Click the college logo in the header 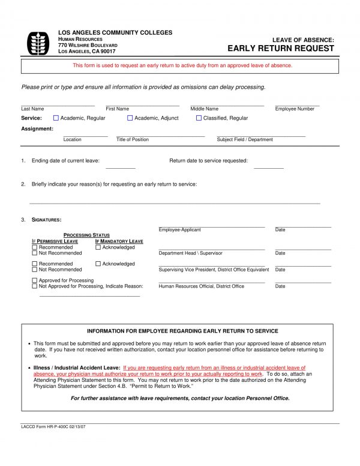tap(38, 43)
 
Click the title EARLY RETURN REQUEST tap(280, 49)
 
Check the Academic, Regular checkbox tap(56, 118)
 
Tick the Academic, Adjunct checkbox tap(130, 118)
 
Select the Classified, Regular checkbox tap(199, 118)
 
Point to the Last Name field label tap(32, 109)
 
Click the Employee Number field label tap(295, 109)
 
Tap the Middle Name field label tap(205, 109)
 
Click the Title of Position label tap(133, 139)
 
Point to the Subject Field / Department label tap(245, 139)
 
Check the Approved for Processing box tap(34, 280)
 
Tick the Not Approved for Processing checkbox tap(34, 286)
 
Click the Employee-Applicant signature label tap(180, 230)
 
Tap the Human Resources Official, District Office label tap(202, 286)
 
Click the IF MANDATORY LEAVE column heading tap(119, 241)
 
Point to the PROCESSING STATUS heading tap(86, 235)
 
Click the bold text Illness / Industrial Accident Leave tap(77, 368)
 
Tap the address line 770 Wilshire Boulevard tap(88, 46)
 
